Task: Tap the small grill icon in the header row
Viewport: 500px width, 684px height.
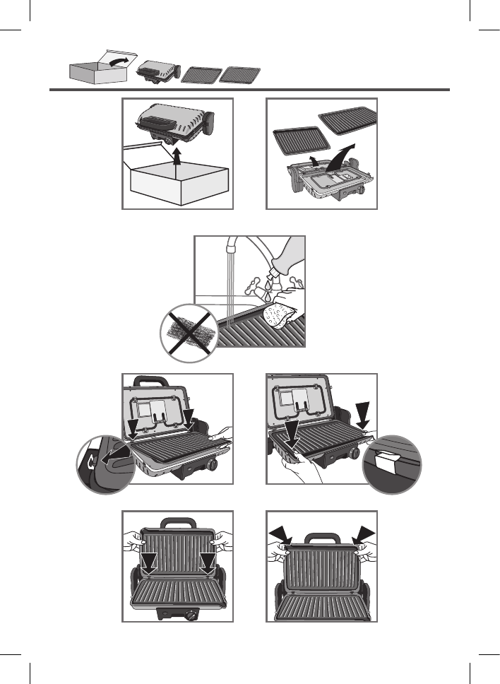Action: (x=156, y=71)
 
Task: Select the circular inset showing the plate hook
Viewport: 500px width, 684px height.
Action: (x=105, y=464)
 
